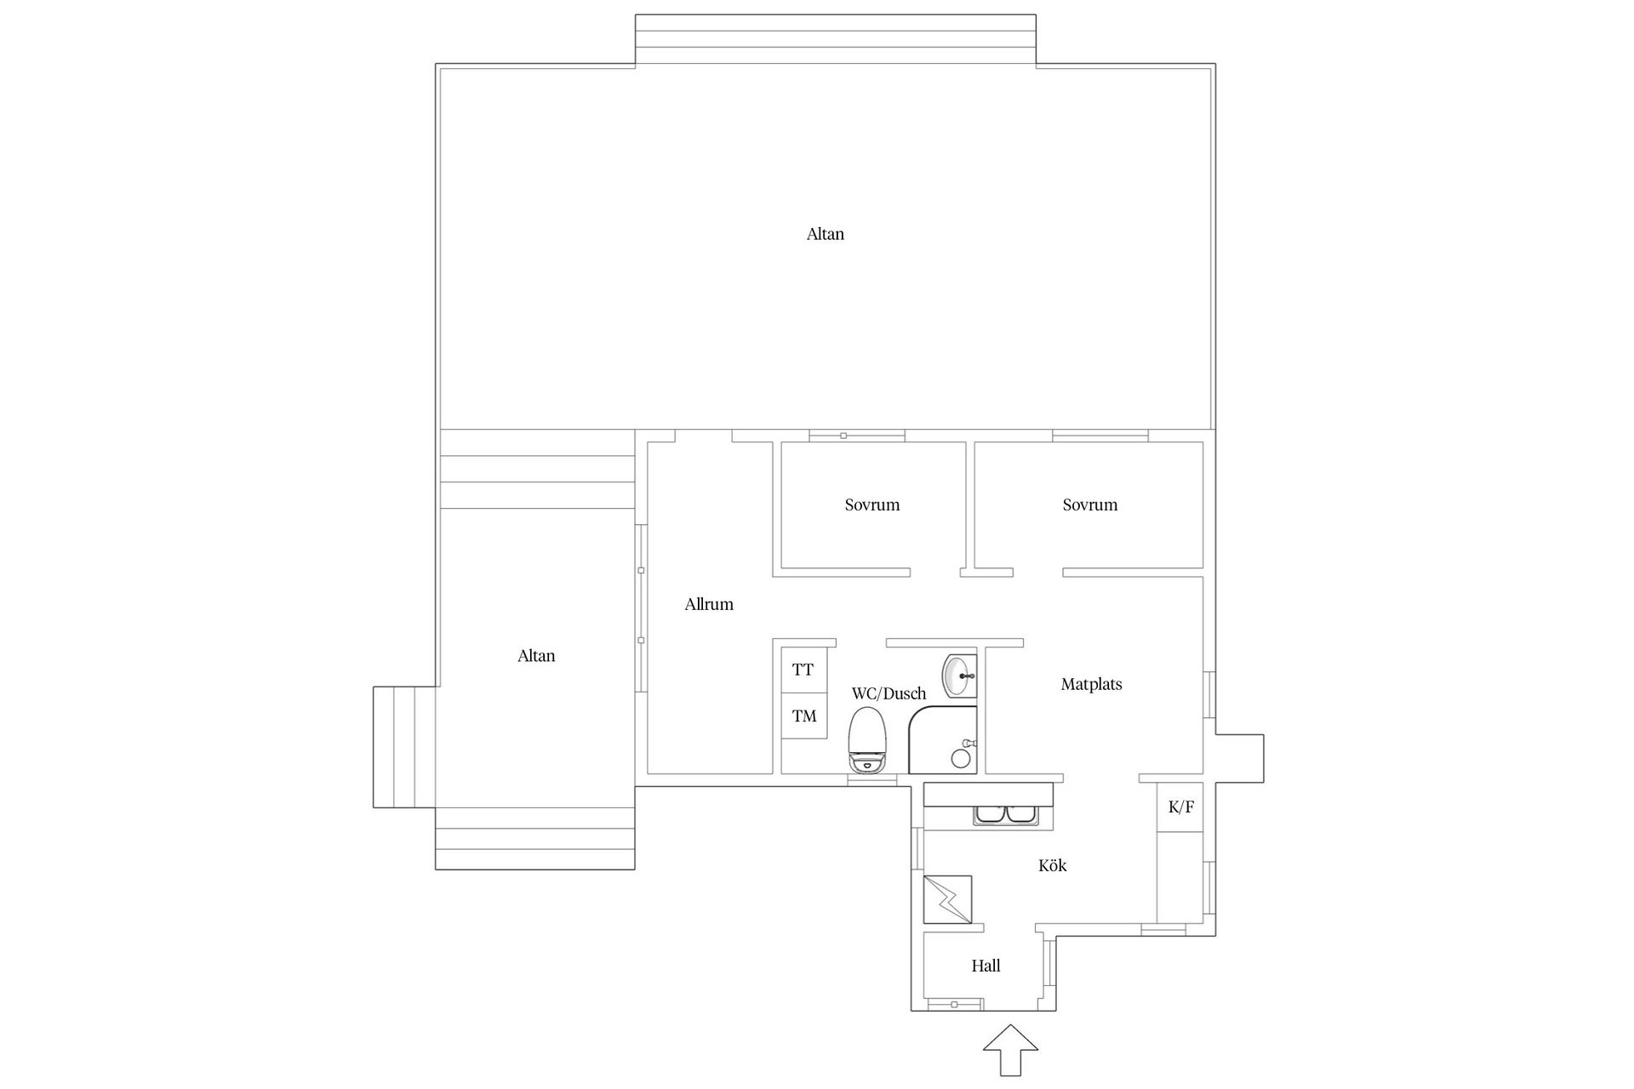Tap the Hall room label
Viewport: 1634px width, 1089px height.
(x=986, y=966)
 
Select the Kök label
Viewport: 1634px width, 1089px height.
(x=1052, y=865)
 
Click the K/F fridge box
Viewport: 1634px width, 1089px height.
(x=1180, y=807)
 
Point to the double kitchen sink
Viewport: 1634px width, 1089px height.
(x=1007, y=815)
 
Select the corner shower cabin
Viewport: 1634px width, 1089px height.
(x=945, y=740)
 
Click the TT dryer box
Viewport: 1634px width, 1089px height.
(x=803, y=670)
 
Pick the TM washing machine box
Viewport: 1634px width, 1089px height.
(x=804, y=716)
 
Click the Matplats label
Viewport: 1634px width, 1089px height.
(x=1091, y=684)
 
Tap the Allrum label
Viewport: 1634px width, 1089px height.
(x=709, y=604)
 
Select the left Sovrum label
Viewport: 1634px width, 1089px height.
(x=872, y=505)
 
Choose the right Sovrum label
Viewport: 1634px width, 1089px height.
(x=1089, y=505)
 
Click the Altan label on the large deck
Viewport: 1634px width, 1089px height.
(x=825, y=234)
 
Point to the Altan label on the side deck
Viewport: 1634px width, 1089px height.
(x=536, y=656)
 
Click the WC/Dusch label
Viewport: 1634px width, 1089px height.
(x=888, y=693)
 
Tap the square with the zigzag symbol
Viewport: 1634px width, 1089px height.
(x=948, y=899)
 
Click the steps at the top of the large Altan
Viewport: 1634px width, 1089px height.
(x=836, y=39)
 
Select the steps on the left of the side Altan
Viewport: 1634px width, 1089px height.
(x=405, y=747)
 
